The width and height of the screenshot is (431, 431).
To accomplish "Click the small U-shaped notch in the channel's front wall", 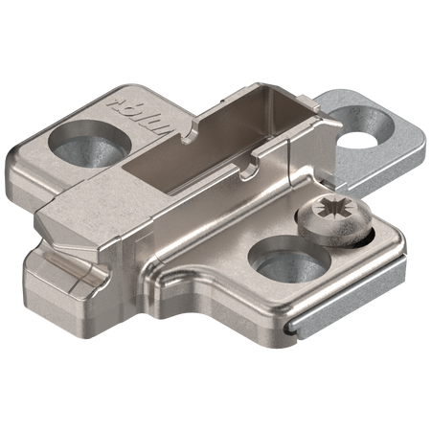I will click(252, 170).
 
